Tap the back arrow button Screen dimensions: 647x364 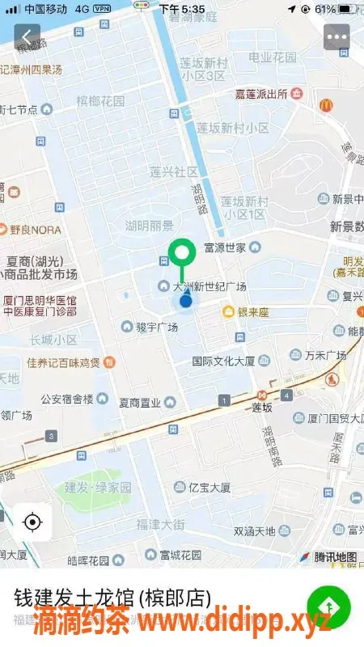(x=28, y=37)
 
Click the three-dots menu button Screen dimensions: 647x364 (x=336, y=37)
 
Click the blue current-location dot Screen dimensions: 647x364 (x=186, y=301)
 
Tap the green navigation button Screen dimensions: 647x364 (x=328, y=606)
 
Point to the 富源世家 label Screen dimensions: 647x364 (x=225, y=247)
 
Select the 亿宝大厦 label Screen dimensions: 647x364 (x=209, y=488)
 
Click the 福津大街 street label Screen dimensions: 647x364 (x=159, y=525)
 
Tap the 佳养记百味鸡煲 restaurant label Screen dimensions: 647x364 (x=63, y=362)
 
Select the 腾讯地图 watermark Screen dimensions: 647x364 (x=334, y=557)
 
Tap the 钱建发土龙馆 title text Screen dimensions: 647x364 (x=112, y=598)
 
